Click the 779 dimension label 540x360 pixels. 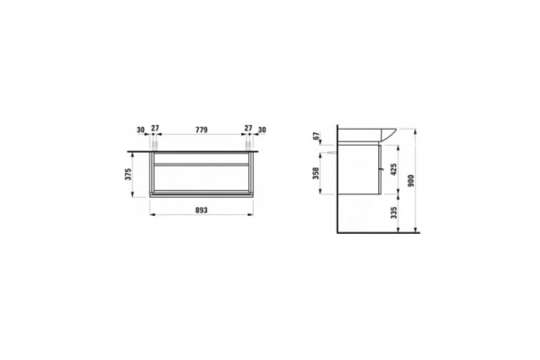[202, 130]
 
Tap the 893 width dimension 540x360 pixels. [202, 210]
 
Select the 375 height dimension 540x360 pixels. [128, 175]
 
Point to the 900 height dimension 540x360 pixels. [410, 181]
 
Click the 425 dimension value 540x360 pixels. [394, 169]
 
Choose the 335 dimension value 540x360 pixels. [394, 213]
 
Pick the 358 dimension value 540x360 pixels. [316, 174]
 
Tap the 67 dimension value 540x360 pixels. [316, 136]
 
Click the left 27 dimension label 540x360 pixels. [156, 128]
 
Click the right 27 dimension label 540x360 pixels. [248, 128]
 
